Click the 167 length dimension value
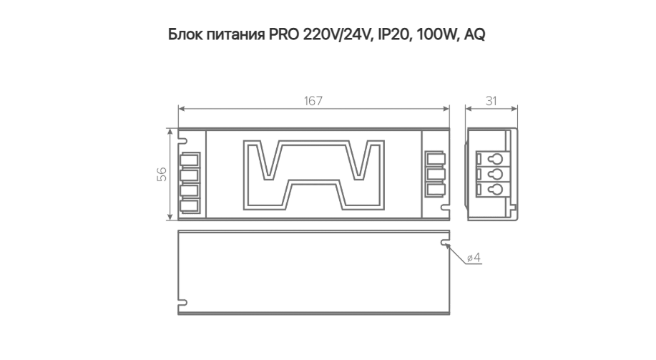[x=313, y=102]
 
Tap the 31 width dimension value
[x=491, y=102]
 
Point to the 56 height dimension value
[x=162, y=174]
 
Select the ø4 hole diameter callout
[x=474, y=258]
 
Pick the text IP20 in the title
[x=393, y=34]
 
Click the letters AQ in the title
[x=475, y=34]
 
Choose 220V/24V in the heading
[x=337, y=34]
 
